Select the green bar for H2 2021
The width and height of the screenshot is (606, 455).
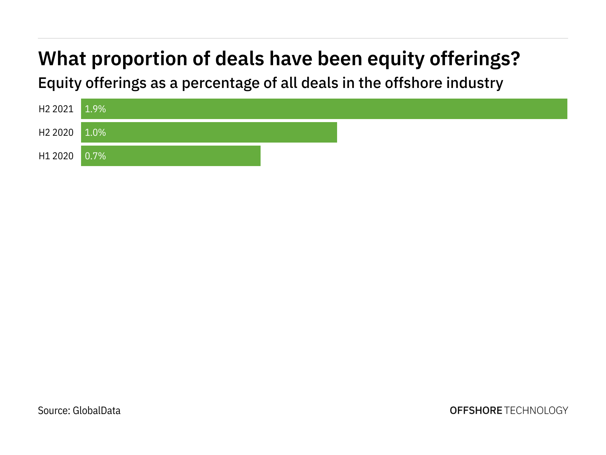tap(324, 109)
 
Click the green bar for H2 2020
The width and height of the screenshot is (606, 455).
tap(209, 132)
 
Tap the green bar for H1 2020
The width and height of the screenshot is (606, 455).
tap(171, 156)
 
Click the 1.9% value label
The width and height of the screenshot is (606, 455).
tap(95, 109)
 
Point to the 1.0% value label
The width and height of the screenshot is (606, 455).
tap(95, 133)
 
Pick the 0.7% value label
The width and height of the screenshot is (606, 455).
tap(95, 156)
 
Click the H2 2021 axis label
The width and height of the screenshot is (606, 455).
tap(56, 109)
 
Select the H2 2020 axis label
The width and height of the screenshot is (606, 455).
tap(56, 133)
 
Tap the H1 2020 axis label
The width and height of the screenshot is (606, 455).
tap(56, 156)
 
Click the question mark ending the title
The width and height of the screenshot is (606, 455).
tap(514, 59)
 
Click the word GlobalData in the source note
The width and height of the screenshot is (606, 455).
tap(97, 411)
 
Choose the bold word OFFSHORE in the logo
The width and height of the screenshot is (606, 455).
tap(476, 410)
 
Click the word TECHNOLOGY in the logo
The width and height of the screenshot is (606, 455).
tap(536, 410)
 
